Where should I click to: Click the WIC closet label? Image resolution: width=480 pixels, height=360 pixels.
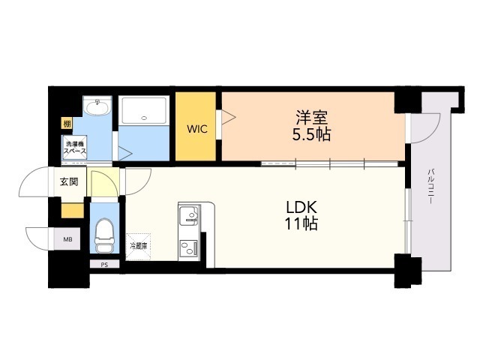tap(197, 129)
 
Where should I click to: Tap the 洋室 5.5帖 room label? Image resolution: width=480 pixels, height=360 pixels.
tap(311, 125)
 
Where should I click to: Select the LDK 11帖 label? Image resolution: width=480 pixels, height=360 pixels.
tap(301, 215)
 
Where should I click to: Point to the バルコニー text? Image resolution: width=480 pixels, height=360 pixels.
tap(431, 186)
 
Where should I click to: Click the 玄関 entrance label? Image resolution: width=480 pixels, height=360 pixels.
tap(69, 181)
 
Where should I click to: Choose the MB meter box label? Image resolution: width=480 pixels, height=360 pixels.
tap(67, 239)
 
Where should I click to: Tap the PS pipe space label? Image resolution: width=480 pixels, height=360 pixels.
tap(104, 265)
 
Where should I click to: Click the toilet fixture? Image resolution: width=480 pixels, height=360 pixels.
tap(104, 235)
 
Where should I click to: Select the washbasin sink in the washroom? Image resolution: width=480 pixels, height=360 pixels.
tap(97, 107)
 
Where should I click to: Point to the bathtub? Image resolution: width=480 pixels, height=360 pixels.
tap(144, 110)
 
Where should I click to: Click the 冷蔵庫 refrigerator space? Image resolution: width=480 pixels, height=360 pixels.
tap(138, 247)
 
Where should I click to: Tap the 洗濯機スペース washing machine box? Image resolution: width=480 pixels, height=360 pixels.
tap(74, 147)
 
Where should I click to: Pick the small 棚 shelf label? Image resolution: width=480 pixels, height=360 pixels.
tap(67, 124)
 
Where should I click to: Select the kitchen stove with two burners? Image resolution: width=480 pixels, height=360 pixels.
tap(189, 248)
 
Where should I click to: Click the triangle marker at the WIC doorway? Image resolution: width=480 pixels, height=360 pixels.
tap(228, 117)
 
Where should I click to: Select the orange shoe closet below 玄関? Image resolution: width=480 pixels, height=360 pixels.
tap(73, 210)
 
